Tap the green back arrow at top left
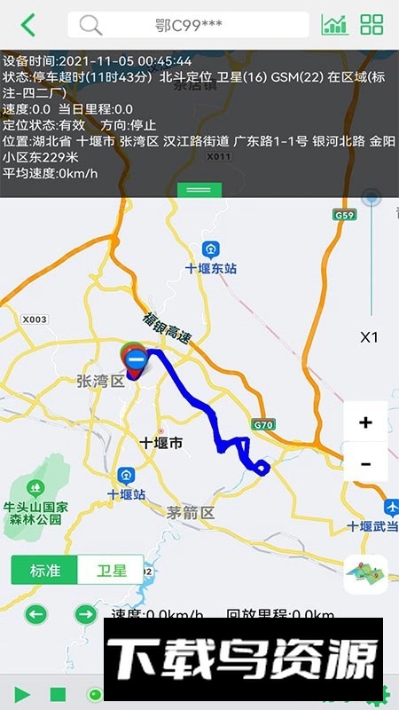pyautogui.click(x=28, y=25)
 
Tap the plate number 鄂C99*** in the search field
pyautogui.click(x=188, y=25)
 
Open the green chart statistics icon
pyautogui.click(x=334, y=25)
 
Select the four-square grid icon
pyautogui.click(x=372, y=25)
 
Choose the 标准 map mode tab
pyautogui.click(x=44, y=570)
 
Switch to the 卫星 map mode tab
pyautogui.click(x=112, y=570)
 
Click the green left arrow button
pyautogui.click(x=36, y=613)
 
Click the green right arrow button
pyautogui.click(x=85, y=613)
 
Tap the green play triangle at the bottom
pyautogui.click(x=23, y=694)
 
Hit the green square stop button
pyautogui.click(x=58, y=694)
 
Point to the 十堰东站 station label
pyautogui.click(x=211, y=267)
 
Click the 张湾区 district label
pyautogui.click(x=100, y=381)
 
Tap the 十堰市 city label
pyautogui.click(x=161, y=442)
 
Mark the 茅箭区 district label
pyautogui.click(x=191, y=512)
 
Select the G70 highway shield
pyautogui.click(x=263, y=424)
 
